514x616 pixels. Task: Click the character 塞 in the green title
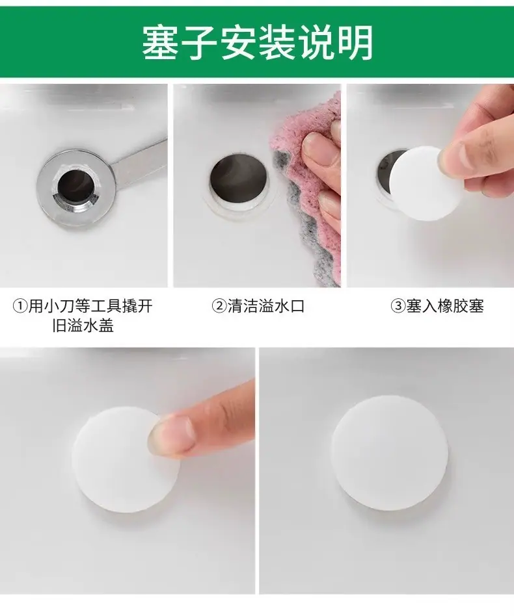coord(161,42)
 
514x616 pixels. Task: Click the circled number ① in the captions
coord(20,307)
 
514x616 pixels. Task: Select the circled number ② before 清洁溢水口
coord(219,307)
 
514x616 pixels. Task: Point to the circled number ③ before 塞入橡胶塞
coord(398,307)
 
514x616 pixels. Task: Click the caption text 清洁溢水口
coord(266,307)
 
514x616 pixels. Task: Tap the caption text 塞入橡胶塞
coord(445,307)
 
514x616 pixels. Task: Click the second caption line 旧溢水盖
coord(83,326)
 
